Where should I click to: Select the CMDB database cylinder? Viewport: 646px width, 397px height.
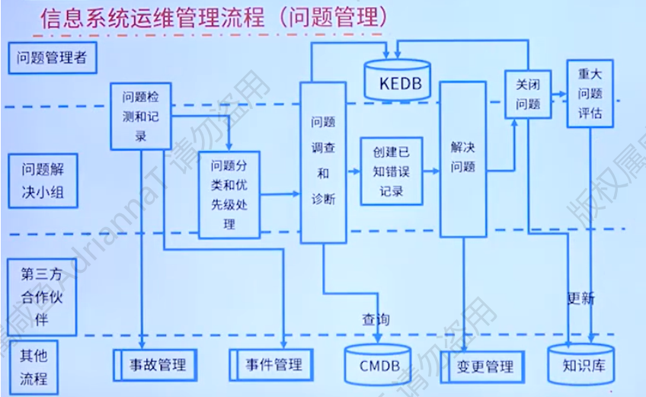click(379, 365)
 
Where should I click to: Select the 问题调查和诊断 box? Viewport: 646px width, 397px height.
click(323, 162)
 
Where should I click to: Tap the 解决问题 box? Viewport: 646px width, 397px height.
click(463, 157)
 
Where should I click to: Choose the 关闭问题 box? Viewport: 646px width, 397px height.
click(528, 94)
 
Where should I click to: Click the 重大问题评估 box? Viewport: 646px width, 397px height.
click(590, 94)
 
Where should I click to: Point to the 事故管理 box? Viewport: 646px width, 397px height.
click(153, 365)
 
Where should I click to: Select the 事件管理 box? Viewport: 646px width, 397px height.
click(269, 365)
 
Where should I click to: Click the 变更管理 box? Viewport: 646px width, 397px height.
click(481, 367)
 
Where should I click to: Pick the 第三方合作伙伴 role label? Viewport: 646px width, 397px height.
click(43, 297)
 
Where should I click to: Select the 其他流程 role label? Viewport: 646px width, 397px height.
click(34, 367)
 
